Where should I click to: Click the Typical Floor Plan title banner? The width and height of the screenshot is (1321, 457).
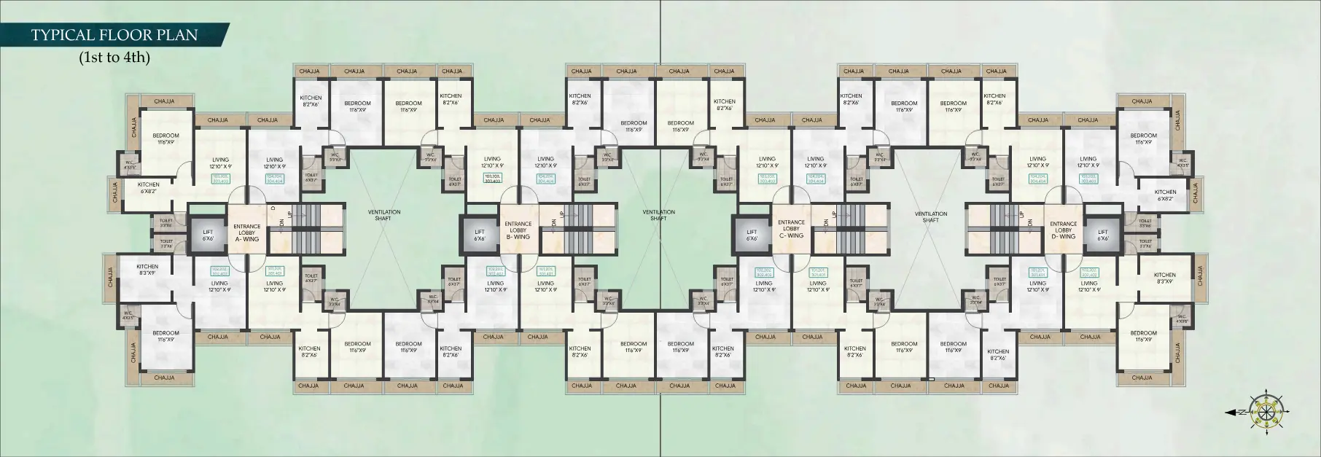coord(114,35)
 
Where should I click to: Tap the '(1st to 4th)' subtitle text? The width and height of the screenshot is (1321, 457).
coord(114,57)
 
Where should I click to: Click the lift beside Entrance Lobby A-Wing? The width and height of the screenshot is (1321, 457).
coord(208,234)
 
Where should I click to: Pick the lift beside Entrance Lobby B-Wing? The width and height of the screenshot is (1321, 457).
coord(480,234)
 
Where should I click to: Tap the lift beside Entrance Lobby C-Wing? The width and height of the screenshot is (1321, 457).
coord(752,234)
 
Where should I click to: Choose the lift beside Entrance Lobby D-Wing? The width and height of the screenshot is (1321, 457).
coord(1103,234)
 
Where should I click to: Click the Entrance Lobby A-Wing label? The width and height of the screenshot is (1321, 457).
coord(246,233)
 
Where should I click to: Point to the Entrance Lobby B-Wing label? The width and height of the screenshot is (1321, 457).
coord(518,230)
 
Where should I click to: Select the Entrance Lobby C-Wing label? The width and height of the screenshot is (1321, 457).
coord(791,229)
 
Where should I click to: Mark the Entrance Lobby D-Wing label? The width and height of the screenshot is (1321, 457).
coord(1063,230)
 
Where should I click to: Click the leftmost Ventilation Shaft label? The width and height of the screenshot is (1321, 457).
coord(383,215)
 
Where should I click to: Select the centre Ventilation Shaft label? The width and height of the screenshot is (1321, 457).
coord(658,215)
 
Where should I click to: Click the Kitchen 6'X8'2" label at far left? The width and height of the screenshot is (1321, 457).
coord(149,188)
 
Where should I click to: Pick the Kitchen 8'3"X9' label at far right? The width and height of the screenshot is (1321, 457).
coord(1165,278)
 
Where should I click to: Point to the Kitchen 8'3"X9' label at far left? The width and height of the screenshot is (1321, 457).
coord(147,270)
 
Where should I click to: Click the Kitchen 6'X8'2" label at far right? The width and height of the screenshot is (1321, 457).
coord(1165,195)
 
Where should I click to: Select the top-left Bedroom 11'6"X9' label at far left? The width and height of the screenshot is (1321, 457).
coord(165,138)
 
